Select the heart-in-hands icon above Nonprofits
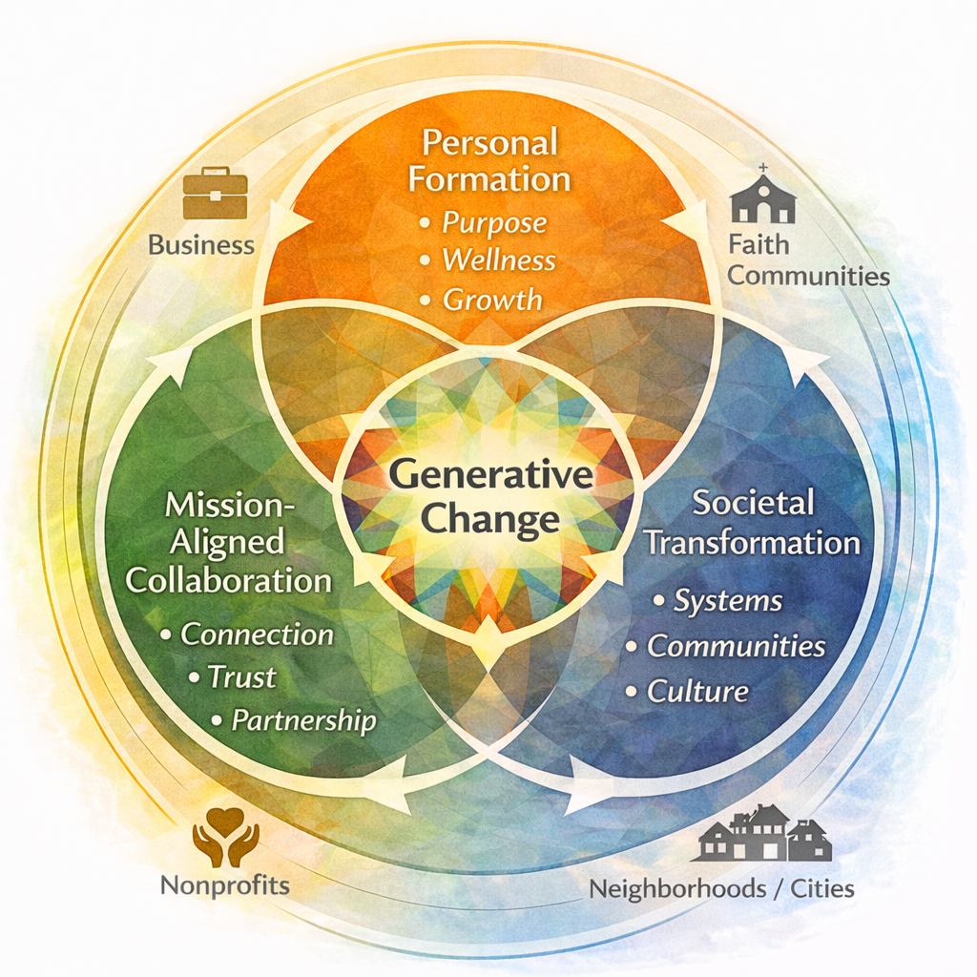226,837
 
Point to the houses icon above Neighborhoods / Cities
762,833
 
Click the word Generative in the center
490,475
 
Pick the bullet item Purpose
494,222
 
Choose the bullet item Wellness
499,260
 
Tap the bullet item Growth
492,299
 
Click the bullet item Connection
258,634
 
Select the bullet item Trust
242,676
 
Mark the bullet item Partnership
304,720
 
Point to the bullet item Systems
728,601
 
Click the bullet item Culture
698,691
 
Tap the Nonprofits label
225,884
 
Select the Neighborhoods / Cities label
721,889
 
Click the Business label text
201,245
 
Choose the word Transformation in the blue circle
752,543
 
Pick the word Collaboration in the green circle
229,580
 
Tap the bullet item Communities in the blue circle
736,646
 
